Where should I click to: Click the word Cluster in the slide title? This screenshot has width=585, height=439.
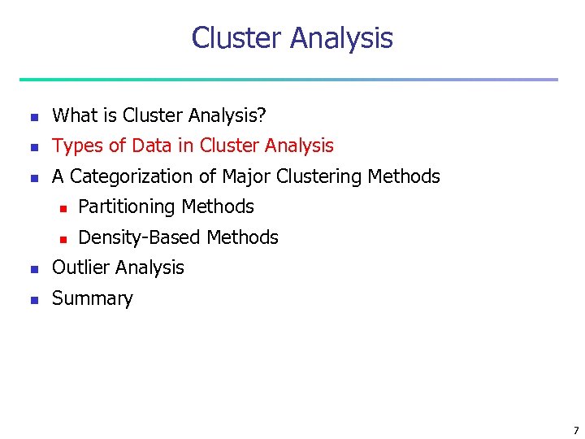pyautogui.click(x=236, y=38)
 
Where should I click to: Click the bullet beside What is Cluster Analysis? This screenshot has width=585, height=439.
pyautogui.click(x=33, y=117)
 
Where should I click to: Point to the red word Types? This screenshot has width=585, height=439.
pyautogui.click(x=78, y=146)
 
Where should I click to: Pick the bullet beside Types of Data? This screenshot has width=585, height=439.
pyautogui.click(x=33, y=147)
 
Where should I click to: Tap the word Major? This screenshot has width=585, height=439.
pyautogui.click(x=246, y=176)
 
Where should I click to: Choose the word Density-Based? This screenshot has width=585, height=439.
pyautogui.click(x=140, y=237)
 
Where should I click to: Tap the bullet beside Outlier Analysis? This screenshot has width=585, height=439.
pyautogui.click(x=33, y=269)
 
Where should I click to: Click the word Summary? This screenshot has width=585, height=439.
pyautogui.click(x=92, y=298)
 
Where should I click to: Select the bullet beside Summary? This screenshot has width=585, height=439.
pyautogui.click(x=33, y=300)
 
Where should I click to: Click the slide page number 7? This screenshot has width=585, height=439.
pyautogui.click(x=575, y=430)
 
